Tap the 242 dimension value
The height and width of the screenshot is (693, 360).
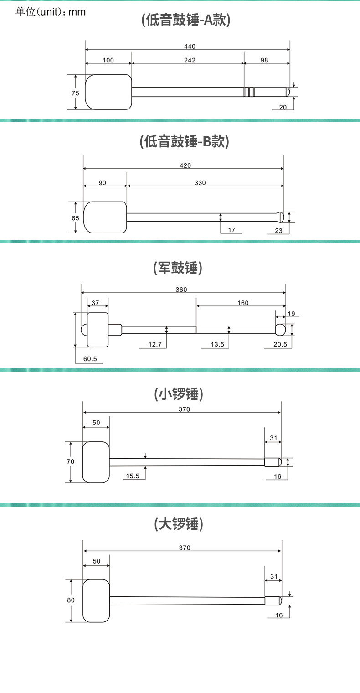tap(190, 60)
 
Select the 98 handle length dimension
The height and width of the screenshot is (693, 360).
tap(264, 60)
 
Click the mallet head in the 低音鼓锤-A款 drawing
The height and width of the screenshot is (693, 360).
tap(108, 92)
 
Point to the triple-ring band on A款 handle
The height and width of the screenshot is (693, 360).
tap(249, 92)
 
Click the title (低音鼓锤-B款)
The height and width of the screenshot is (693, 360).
tap(184, 141)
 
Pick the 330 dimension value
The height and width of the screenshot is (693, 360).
tap(200, 183)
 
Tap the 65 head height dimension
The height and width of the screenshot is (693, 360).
tap(75, 218)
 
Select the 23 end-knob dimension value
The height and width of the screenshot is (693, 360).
tap(279, 231)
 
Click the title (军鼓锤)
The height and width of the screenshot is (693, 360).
tap(178, 268)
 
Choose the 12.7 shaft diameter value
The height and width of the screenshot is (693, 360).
tap(155, 345)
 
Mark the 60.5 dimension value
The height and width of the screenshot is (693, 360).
tap(90, 359)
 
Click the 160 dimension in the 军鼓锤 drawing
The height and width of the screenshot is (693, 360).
tap(243, 303)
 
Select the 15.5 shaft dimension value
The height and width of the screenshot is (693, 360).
tap(133, 476)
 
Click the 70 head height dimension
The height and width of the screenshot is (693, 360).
tap(71, 461)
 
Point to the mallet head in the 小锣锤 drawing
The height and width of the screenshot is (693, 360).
tap(96, 462)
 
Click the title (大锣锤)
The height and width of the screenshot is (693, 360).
tap(178, 524)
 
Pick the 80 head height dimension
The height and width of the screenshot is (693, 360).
tap(71, 600)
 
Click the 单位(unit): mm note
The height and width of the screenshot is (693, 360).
tap(50, 12)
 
